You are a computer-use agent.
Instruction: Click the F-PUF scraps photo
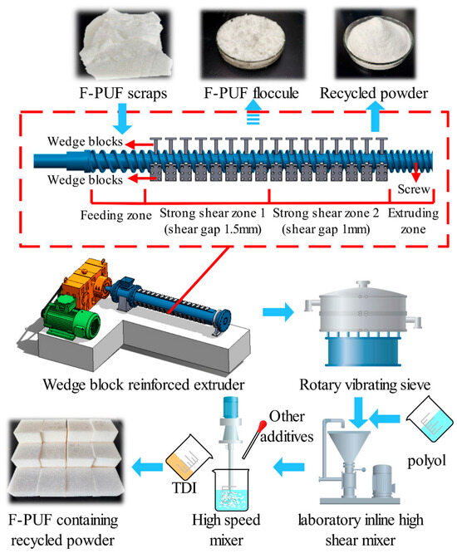point(125,45)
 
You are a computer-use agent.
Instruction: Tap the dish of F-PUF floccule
point(251,45)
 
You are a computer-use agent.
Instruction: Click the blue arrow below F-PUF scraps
point(122,119)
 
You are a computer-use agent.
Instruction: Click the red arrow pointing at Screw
point(416,172)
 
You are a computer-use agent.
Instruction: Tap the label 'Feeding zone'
point(116,215)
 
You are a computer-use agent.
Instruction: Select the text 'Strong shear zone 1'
point(213,213)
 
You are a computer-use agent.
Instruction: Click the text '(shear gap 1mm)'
point(326,230)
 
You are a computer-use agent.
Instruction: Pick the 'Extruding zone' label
point(413,221)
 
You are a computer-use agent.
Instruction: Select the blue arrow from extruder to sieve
point(278,311)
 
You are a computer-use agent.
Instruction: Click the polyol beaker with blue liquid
point(430,422)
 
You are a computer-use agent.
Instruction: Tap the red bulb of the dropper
point(263,425)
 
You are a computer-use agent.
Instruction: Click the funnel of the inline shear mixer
point(349,444)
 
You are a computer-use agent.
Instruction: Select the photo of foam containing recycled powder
point(66,459)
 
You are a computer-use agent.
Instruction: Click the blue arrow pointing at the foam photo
point(147,467)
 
